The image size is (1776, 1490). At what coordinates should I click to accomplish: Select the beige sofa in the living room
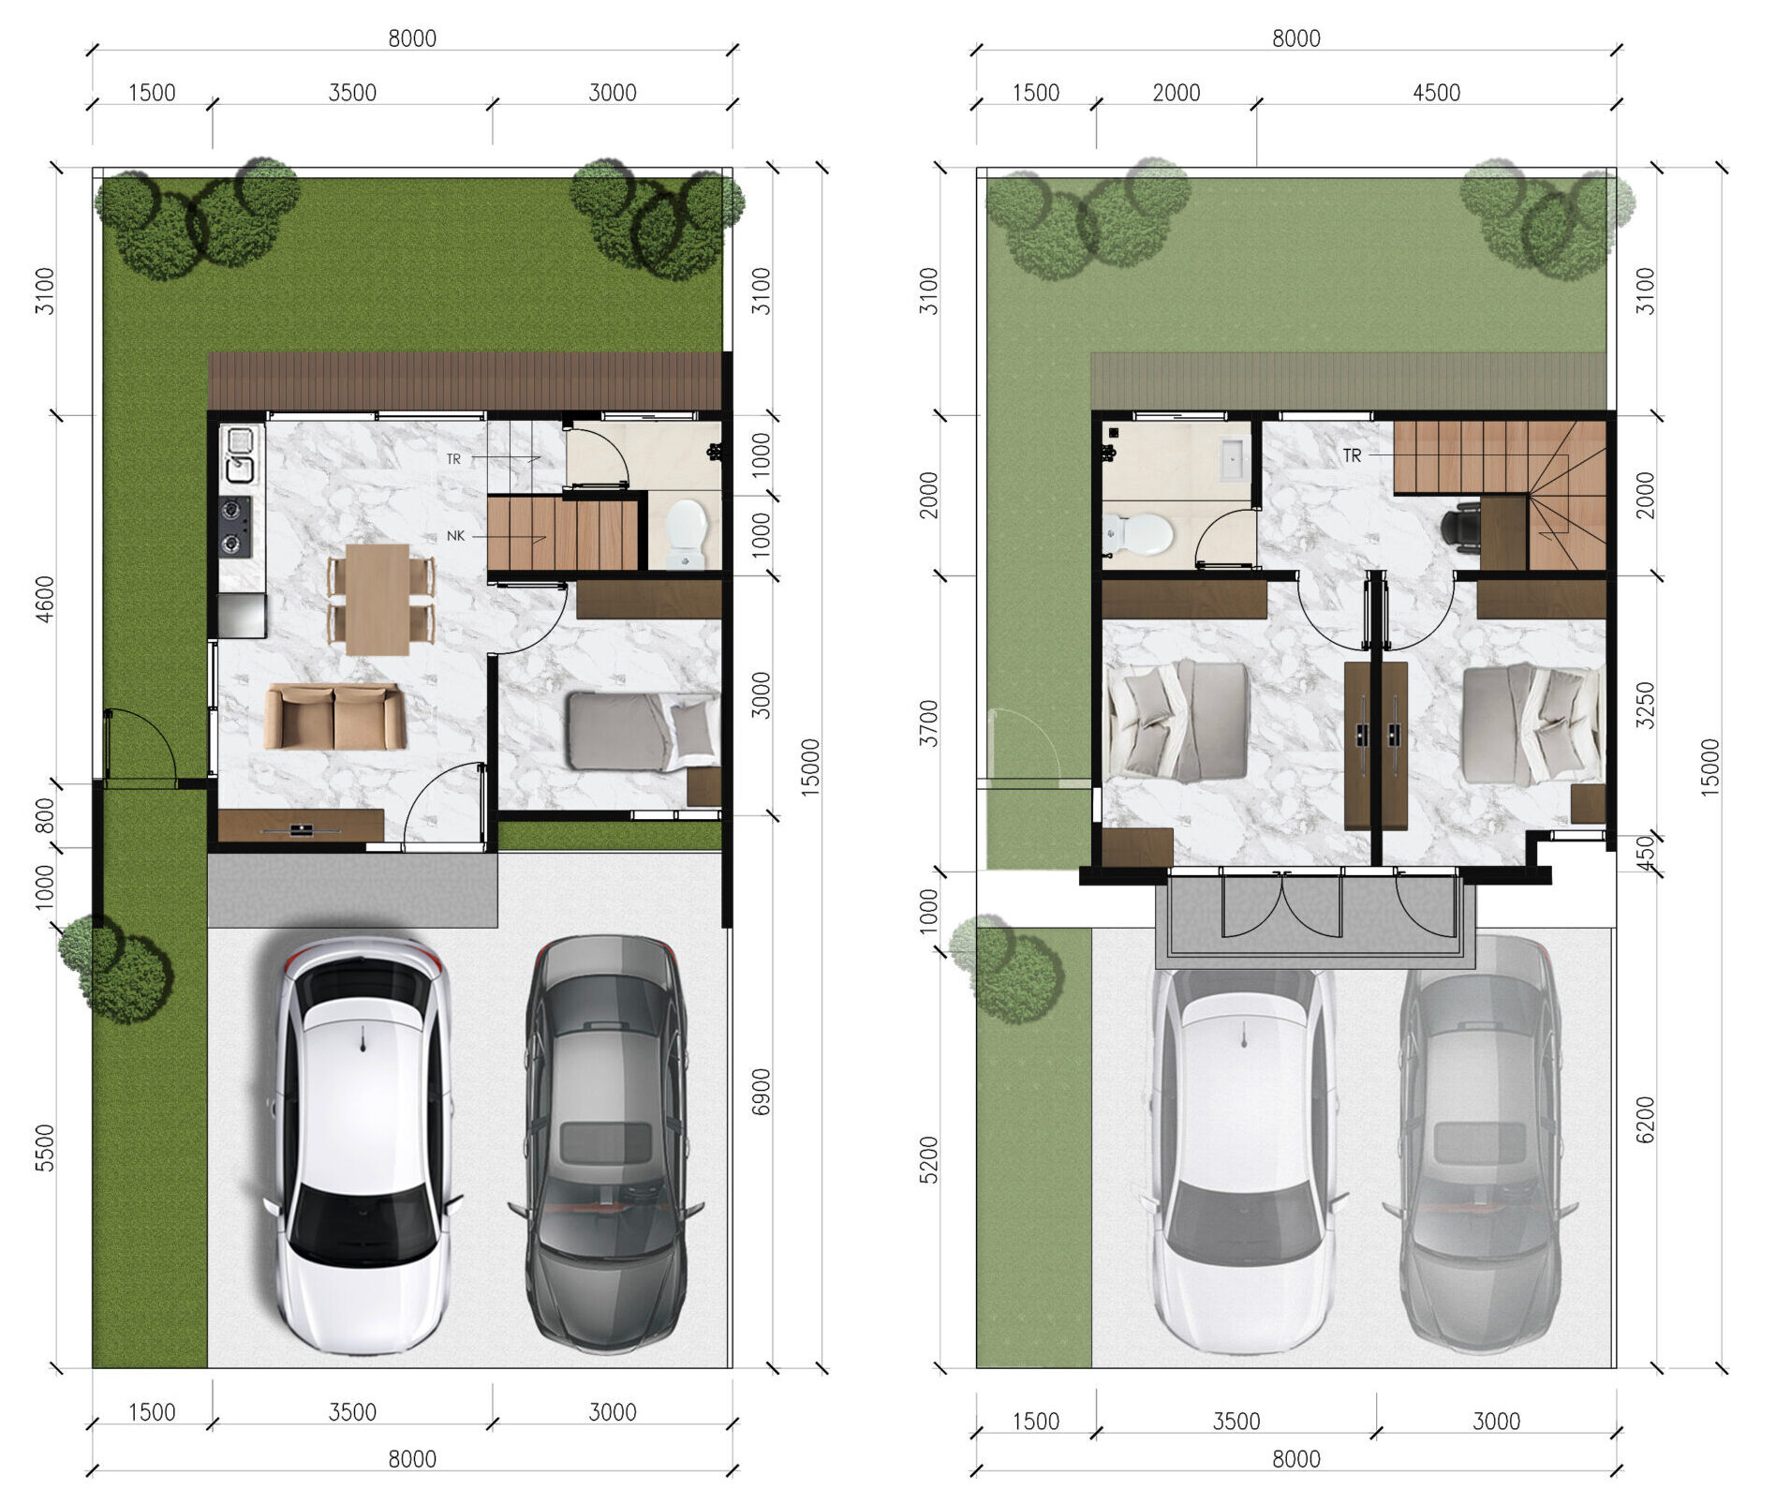point(334,717)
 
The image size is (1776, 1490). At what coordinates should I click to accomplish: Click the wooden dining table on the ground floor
point(378,599)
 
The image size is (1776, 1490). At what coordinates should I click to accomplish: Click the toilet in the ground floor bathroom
point(687,532)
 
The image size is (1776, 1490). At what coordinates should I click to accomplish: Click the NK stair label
point(455,536)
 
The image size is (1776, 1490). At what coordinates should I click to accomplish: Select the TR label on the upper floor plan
point(1352,455)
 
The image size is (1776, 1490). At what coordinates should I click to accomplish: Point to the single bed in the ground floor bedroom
point(644,732)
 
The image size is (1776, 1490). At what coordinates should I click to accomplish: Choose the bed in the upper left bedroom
point(1177,722)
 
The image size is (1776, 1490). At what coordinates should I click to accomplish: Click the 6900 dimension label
point(761,1092)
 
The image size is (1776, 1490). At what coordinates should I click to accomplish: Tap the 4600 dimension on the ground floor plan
point(44,598)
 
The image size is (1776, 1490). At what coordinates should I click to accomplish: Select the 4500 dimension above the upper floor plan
point(1436,93)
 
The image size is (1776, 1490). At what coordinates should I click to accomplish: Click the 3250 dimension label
point(1645,705)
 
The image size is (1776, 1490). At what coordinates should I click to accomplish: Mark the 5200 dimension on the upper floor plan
point(928,1160)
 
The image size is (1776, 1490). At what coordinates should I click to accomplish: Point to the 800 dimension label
point(44,815)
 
